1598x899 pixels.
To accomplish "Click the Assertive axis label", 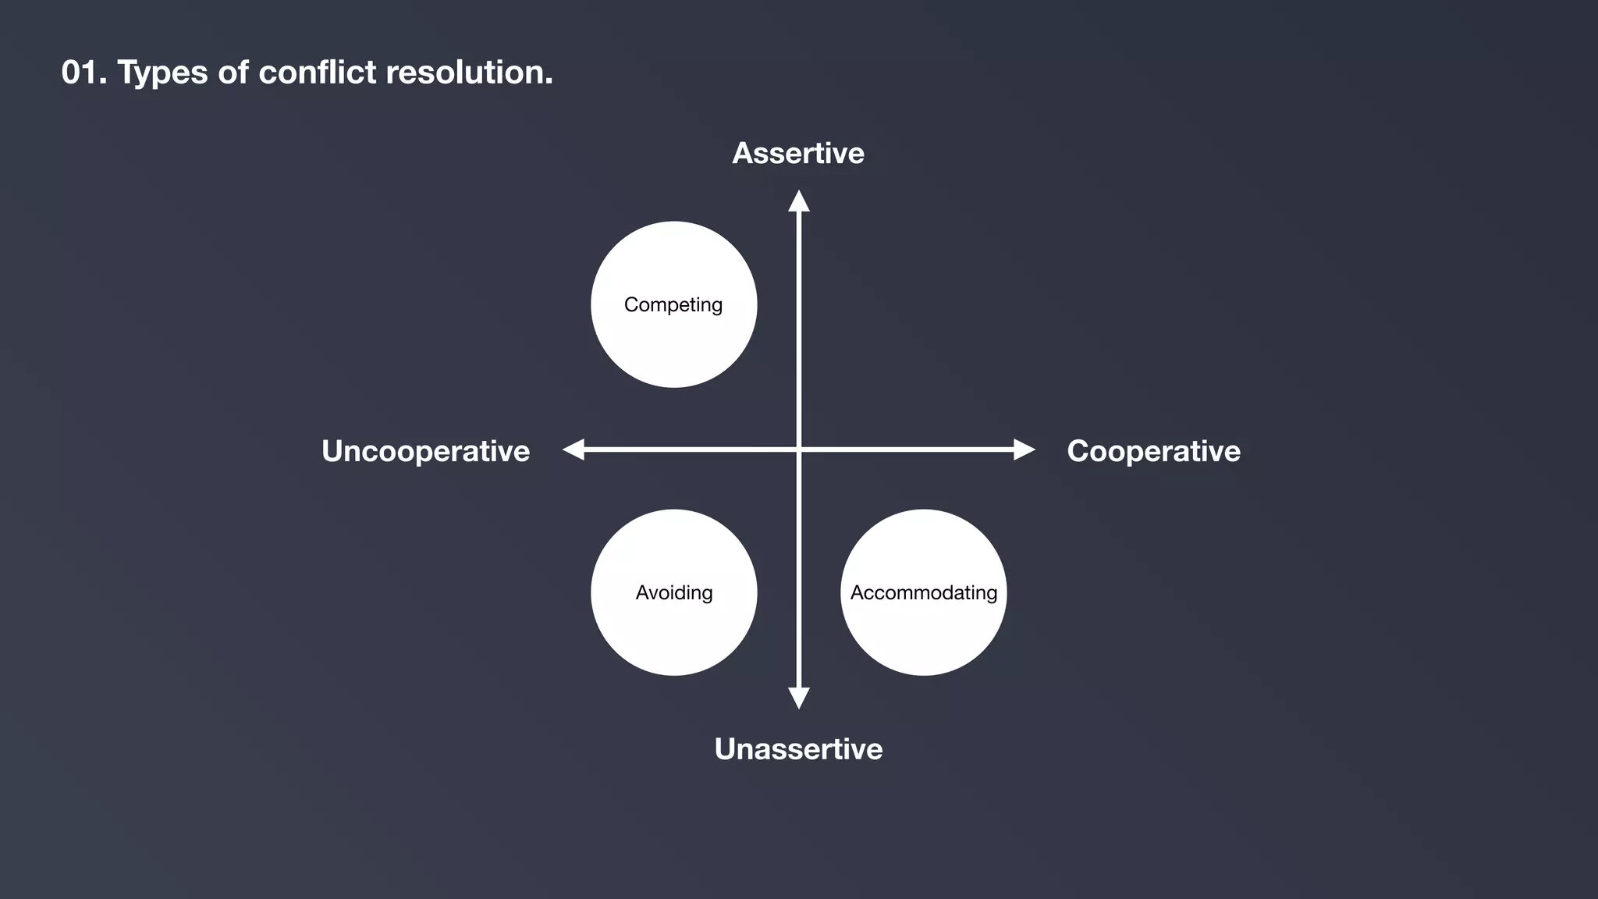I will pyautogui.click(x=798, y=154).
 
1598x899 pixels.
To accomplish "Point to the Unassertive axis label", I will pyautogui.click(x=798, y=749).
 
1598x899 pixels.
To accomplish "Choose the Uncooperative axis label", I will pyautogui.click(x=425, y=451).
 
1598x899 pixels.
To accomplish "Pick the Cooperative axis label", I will pyautogui.click(x=1153, y=451).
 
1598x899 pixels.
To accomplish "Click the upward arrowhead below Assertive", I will pyautogui.click(x=798, y=201).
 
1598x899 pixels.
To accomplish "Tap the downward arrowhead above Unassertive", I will pyautogui.click(x=798, y=698).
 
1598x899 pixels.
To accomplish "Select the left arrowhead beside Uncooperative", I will pyautogui.click(x=574, y=449).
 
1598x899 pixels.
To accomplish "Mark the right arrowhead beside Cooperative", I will pyautogui.click(x=1024, y=449).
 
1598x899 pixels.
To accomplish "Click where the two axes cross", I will pyautogui.click(x=798, y=449).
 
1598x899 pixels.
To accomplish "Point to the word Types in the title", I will pyautogui.click(x=162, y=73).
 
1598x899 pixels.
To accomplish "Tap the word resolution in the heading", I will pyautogui.click(x=468, y=73).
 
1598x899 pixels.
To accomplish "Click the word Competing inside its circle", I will pyautogui.click(x=673, y=304).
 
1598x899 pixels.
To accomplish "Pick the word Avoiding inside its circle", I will pyautogui.click(x=674, y=593).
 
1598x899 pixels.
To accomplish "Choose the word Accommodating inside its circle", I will pyautogui.click(x=924, y=593).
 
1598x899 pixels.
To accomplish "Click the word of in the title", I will pyautogui.click(x=233, y=73).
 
